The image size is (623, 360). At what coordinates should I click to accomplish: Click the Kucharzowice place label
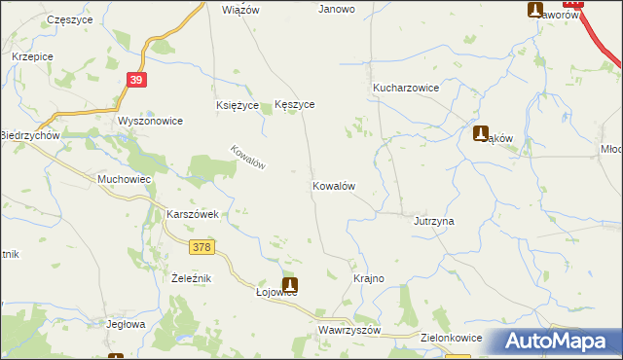(406, 88)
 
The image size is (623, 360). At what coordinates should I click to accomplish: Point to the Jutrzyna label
(434, 221)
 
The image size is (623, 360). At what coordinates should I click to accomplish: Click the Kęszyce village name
(295, 104)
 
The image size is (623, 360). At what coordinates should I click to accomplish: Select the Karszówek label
(197, 214)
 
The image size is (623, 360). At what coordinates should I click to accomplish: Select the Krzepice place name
(32, 56)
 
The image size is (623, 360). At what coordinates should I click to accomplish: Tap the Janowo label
(337, 9)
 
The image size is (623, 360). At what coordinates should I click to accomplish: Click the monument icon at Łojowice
(289, 286)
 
